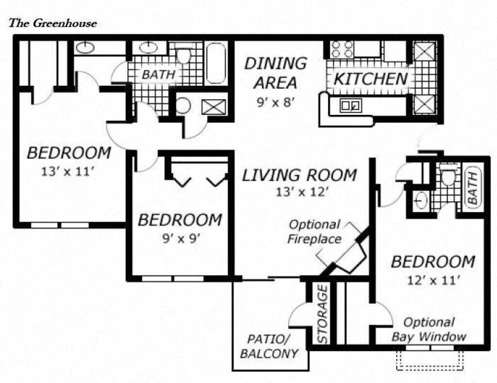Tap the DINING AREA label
[x=275, y=73]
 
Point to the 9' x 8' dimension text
[x=276, y=102]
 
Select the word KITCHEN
[x=370, y=79]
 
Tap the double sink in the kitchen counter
[x=349, y=105]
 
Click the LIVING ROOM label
[x=299, y=175]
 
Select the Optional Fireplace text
[x=315, y=232]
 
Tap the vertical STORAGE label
[x=323, y=314]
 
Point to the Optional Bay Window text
[x=429, y=329]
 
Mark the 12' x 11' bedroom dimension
[x=432, y=279]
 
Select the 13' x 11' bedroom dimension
[x=68, y=171]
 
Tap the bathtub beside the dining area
[x=216, y=63]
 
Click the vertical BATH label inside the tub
[x=472, y=188]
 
